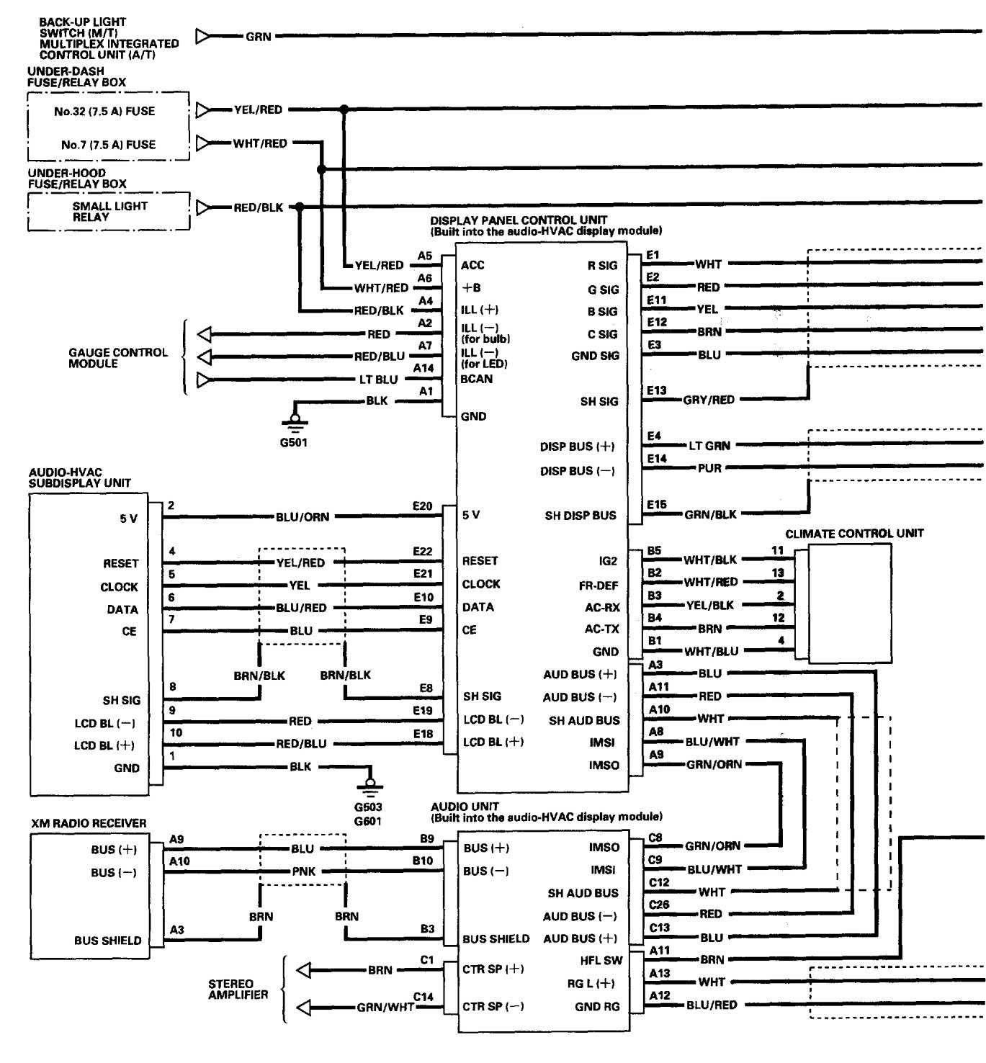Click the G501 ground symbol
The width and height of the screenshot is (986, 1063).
(x=294, y=419)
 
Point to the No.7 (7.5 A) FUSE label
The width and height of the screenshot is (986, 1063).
(x=108, y=144)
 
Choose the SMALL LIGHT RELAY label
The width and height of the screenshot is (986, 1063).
(x=109, y=211)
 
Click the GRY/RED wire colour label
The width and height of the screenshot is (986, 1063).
(x=709, y=400)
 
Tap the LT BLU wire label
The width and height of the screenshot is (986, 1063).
(x=378, y=380)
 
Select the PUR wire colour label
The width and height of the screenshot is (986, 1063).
(x=709, y=468)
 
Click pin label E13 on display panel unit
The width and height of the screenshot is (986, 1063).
(x=656, y=390)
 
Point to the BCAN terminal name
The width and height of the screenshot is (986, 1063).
(x=477, y=379)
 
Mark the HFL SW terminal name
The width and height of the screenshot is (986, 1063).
(x=601, y=960)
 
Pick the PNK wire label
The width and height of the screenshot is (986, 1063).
(x=304, y=871)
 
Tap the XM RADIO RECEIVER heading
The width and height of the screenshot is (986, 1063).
(x=89, y=823)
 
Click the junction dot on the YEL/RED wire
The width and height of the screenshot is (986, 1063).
(x=344, y=109)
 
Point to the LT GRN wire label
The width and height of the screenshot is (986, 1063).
(x=709, y=446)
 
